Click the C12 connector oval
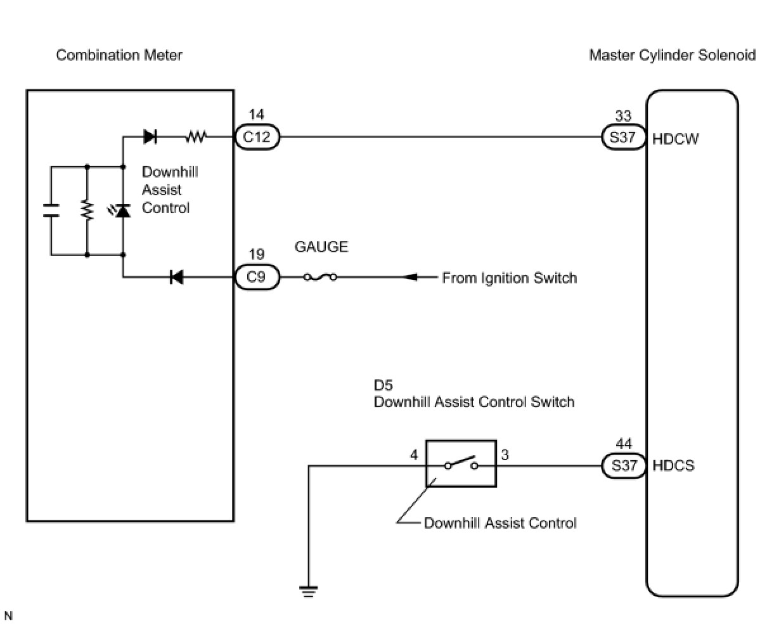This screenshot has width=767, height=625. [257, 137]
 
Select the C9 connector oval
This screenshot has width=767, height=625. [257, 278]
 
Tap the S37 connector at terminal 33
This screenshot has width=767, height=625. [623, 137]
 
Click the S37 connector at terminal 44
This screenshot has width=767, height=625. [623, 466]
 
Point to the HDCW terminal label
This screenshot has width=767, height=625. [676, 139]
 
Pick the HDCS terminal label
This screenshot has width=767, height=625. [674, 466]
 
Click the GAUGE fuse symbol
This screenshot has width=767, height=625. [320, 278]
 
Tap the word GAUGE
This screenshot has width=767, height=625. [321, 247]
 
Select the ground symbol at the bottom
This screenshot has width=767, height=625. [309, 591]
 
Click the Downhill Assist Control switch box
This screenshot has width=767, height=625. [461, 464]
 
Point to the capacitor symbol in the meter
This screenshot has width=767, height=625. [51, 210]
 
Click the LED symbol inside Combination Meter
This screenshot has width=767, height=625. [122, 210]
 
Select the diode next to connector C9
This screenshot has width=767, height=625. [176, 277]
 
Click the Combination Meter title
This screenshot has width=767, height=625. [119, 55]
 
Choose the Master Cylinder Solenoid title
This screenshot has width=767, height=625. [672, 55]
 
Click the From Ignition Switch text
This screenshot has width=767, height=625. [509, 278]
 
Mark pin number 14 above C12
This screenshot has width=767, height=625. [257, 115]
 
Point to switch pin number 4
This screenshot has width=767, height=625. [413, 455]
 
